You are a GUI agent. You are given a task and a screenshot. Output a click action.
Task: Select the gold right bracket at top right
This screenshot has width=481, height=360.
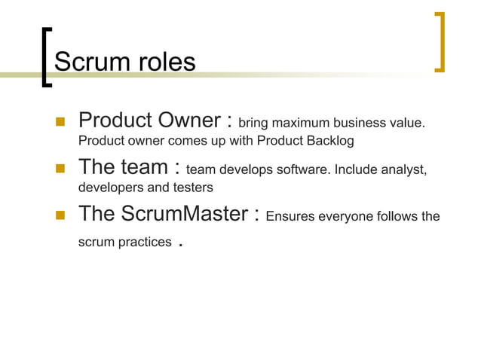pyautogui.click(x=440, y=41)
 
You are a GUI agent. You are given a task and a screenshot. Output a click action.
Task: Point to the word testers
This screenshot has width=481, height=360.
pyautogui.click(x=192, y=188)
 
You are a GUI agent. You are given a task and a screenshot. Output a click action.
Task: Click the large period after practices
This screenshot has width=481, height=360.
pyautogui.click(x=180, y=245)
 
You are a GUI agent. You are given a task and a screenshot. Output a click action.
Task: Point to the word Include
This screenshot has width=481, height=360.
pyautogui.click(x=354, y=170)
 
